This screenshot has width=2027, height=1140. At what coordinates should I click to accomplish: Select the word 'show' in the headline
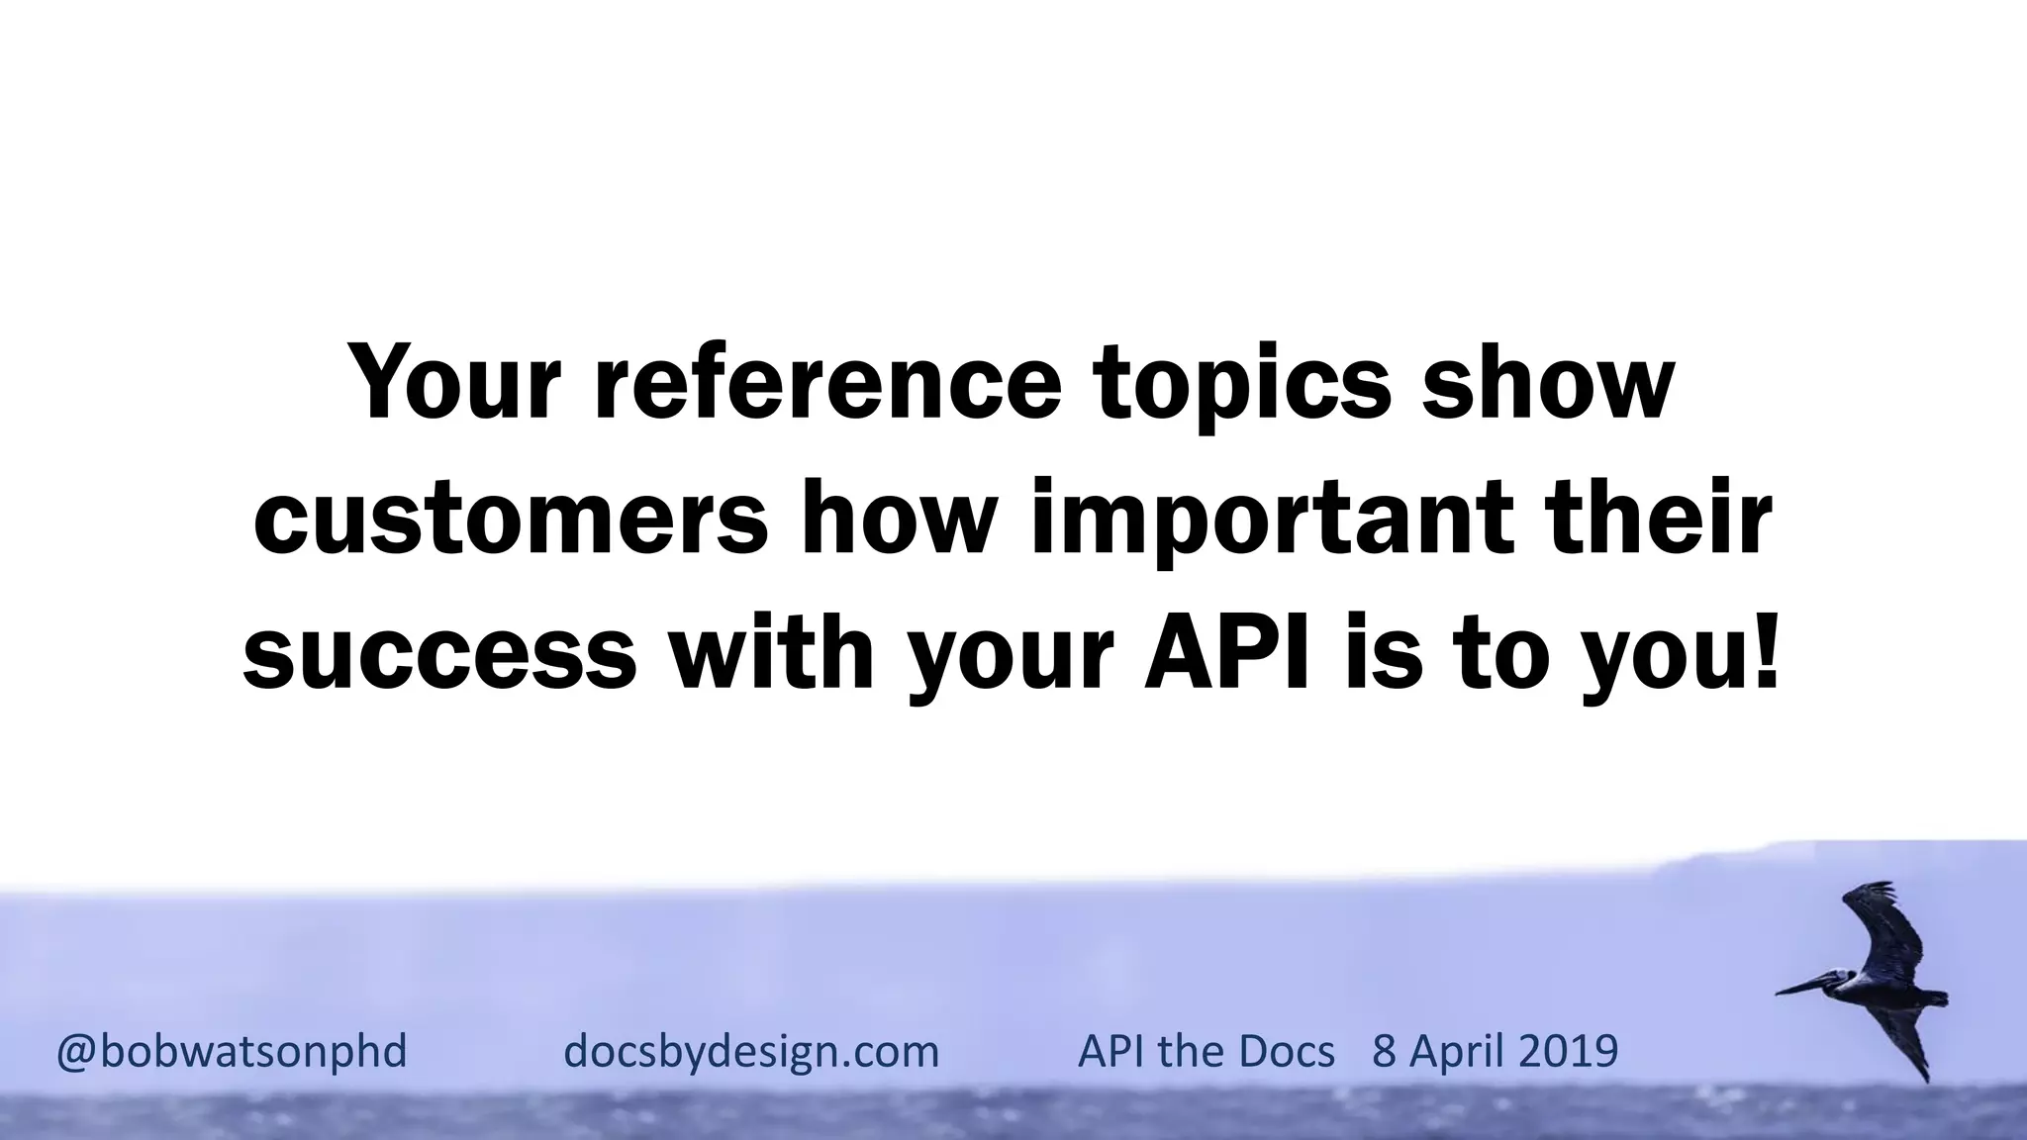(1547, 384)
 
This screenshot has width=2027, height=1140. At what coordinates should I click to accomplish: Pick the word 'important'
(1272, 522)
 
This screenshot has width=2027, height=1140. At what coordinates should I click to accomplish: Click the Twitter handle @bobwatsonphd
(232, 1051)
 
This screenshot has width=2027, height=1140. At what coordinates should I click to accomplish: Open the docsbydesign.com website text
(751, 1051)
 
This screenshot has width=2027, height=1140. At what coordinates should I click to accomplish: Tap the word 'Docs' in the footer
(1286, 1050)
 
